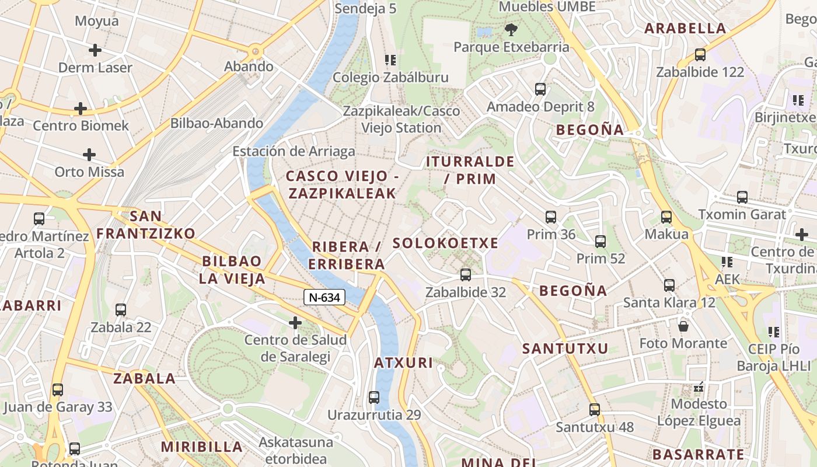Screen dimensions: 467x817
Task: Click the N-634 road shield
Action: pyautogui.click(x=324, y=297)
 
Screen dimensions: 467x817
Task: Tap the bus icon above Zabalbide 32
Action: pyautogui.click(x=465, y=274)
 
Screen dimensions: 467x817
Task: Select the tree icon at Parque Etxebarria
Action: pyautogui.click(x=511, y=29)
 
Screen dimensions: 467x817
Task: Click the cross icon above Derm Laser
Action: pyautogui.click(x=95, y=50)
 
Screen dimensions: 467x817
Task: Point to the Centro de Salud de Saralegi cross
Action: pyautogui.click(x=295, y=322)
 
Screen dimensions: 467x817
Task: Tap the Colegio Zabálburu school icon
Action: pyautogui.click(x=390, y=60)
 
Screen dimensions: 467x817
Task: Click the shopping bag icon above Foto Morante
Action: pyautogui.click(x=683, y=325)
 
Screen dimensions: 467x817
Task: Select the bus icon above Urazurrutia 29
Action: pyautogui.click(x=374, y=398)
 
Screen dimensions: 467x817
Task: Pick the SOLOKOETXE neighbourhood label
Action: pyautogui.click(x=445, y=243)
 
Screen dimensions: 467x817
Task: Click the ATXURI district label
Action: pyautogui.click(x=403, y=363)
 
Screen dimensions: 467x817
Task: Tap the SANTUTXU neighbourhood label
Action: pyautogui.click(x=565, y=349)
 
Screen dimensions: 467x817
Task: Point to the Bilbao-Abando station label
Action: pyautogui.click(x=217, y=124)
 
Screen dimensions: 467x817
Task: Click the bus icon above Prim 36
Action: pyautogui.click(x=551, y=217)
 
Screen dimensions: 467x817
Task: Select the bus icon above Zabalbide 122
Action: pyautogui.click(x=700, y=55)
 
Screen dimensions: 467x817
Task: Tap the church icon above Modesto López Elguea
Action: pyautogui.click(x=699, y=386)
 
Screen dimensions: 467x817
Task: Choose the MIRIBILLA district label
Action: pyautogui.click(x=201, y=447)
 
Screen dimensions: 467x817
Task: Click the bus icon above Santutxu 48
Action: pyautogui.click(x=594, y=410)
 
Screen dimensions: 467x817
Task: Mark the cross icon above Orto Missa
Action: pyautogui.click(x=89, y=155)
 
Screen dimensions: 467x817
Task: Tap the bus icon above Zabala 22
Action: pyautogui.click(x=121, y=310)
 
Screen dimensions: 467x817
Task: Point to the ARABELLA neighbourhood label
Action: pyautogui.click(x=685, y=28)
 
